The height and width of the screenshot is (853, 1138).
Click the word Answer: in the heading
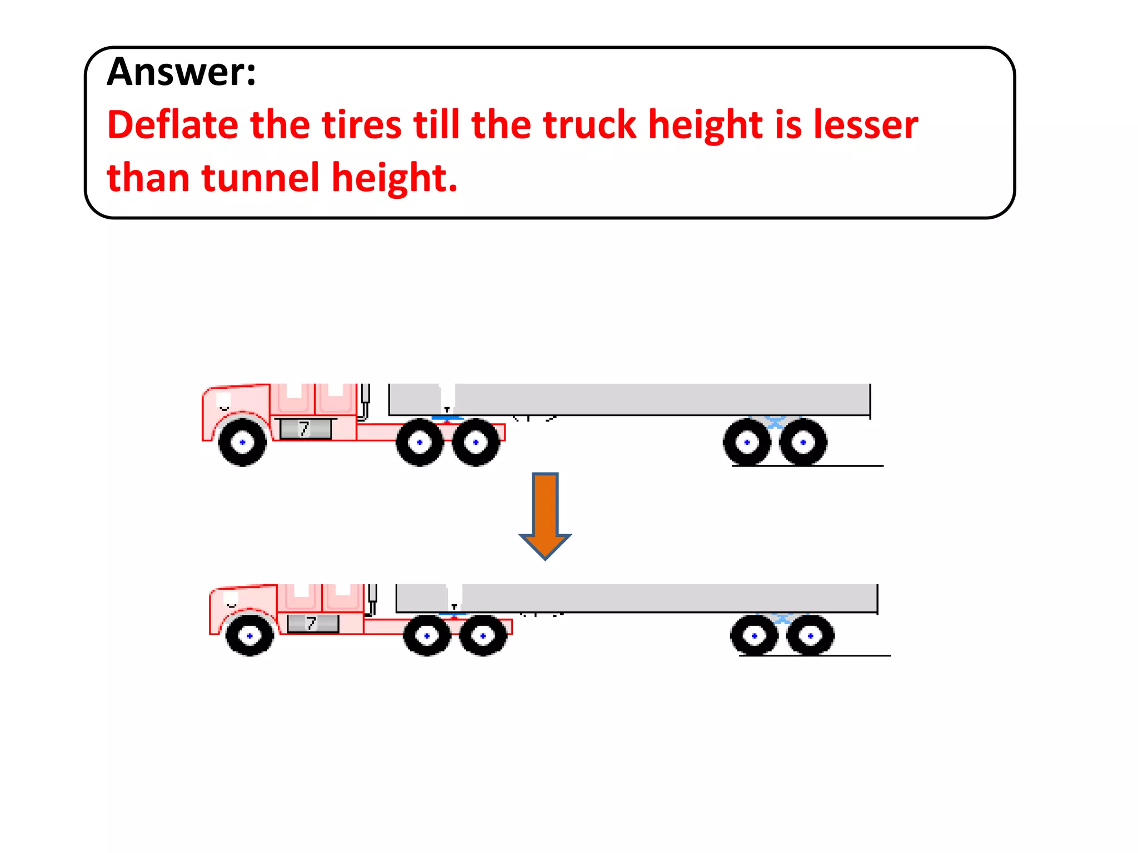(x=181, y=72)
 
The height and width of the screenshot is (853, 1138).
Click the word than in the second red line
(x=148, y=178)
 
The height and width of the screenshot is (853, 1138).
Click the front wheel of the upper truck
(x=242, y=442)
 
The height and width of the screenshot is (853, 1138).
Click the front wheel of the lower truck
(x=249, y=635)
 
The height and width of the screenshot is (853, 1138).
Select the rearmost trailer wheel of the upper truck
(x=803, y=442)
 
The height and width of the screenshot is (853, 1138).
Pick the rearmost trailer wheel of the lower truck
(x=810, y=635)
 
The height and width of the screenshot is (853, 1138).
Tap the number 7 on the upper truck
(x=304, y=429)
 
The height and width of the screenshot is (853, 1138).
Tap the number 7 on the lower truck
(x=311, y=624)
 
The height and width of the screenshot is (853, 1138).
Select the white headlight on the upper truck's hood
(x=223, y=399)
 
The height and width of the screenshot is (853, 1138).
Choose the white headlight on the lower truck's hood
(x=231, y=598)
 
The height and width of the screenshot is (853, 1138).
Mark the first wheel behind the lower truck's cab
(x=427, y=635)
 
